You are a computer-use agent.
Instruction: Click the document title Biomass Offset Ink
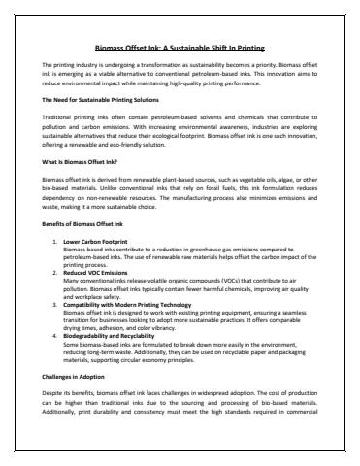180,47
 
